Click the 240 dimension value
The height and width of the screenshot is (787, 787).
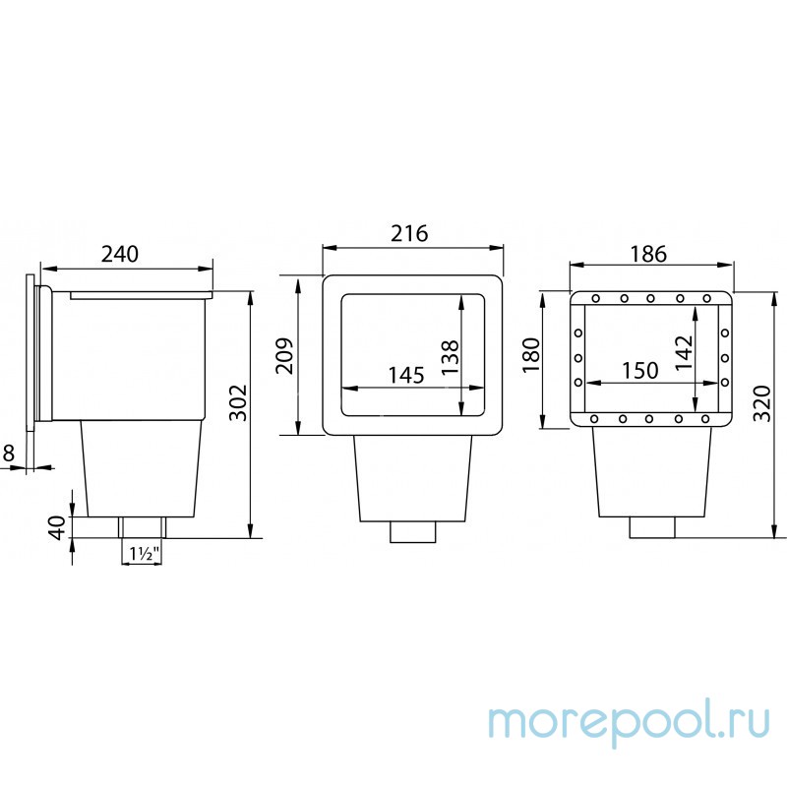(119, 254)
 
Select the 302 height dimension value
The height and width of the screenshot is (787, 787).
(238, 402)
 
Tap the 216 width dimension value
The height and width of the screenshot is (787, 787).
(409, 233)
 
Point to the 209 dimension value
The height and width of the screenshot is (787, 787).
(285, 355)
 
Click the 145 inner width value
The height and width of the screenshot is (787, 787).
(406, 375)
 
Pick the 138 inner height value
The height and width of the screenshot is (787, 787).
(450, 357)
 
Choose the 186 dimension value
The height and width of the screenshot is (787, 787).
(648, 254)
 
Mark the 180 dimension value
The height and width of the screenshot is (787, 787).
(531, 355)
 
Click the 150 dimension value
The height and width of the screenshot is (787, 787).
(640, 371)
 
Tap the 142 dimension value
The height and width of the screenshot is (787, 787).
(684, 353)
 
